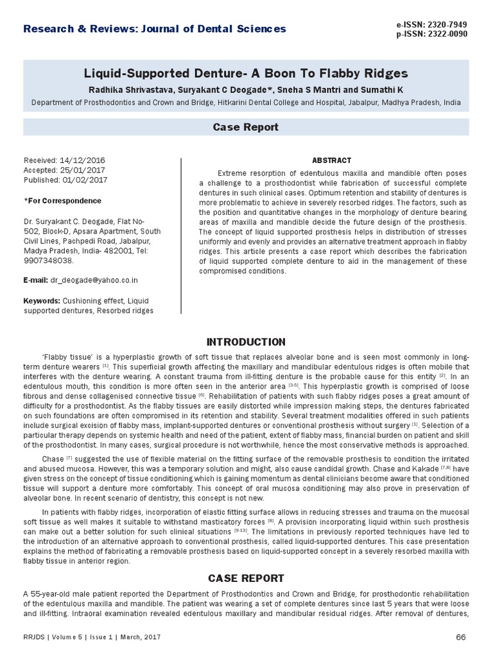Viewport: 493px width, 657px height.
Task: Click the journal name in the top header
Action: [155, 28]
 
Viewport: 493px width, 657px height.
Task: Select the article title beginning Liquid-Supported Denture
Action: [247, 73]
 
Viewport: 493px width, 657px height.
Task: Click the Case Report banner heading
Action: [246, 128]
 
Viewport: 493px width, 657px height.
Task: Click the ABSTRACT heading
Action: [331, 160]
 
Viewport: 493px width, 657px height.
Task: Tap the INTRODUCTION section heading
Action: [246, 341]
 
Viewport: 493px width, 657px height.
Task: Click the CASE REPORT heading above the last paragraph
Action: [246, 578]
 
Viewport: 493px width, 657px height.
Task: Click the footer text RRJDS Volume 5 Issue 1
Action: [92, 637]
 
